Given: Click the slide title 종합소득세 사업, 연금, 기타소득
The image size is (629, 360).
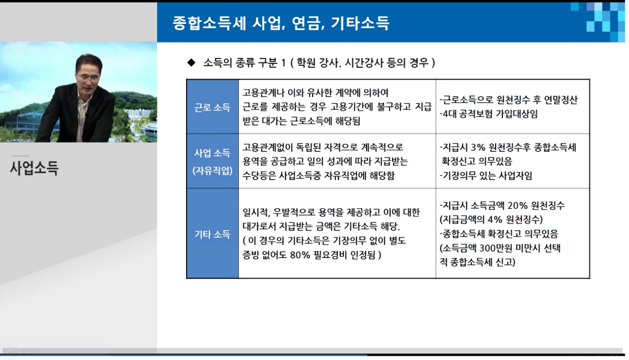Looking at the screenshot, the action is click(281, 23).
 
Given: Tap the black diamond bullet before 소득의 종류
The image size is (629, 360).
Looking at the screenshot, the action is click(192, 63).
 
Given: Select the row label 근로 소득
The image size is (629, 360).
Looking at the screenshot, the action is click(212, 107).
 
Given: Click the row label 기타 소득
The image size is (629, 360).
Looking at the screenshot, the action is click(212, 234).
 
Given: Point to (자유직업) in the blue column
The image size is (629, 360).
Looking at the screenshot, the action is click(213, 171).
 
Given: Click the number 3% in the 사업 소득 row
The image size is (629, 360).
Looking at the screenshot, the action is click(478, 147).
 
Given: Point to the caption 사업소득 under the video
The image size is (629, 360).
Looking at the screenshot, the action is click(34, 167).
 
